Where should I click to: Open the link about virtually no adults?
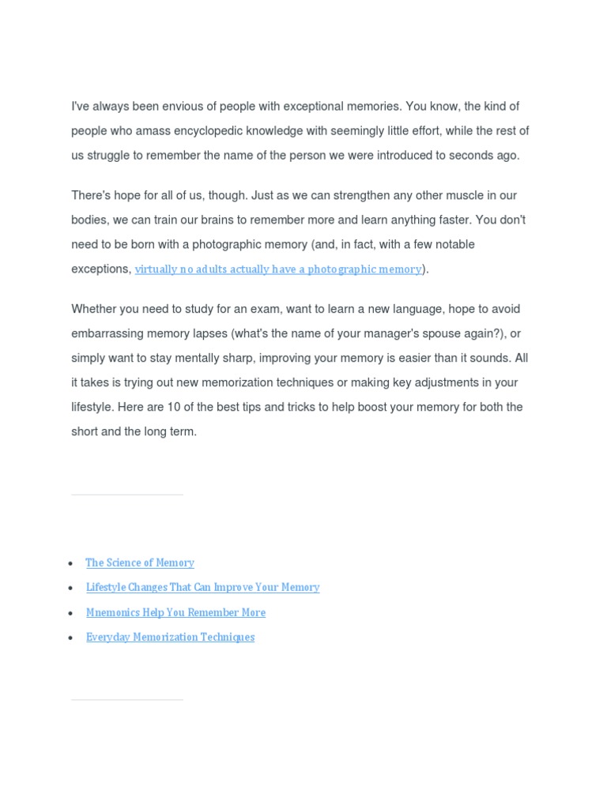coord(278,269)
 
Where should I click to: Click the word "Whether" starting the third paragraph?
coord(95,309)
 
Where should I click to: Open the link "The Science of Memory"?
coord(140,563)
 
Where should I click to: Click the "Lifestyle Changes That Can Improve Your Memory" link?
coord(202,588)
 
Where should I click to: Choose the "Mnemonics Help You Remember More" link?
coord(175,613)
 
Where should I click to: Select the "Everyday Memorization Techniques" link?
coord(170,638)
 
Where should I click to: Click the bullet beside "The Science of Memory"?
coord(71,564)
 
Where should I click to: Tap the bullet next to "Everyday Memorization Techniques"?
coord(71,638)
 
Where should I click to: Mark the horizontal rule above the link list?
coord(126,495)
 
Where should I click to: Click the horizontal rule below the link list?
coord(126,699)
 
